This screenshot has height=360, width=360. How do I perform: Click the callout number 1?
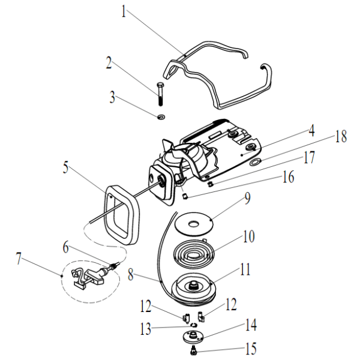(125, 11)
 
